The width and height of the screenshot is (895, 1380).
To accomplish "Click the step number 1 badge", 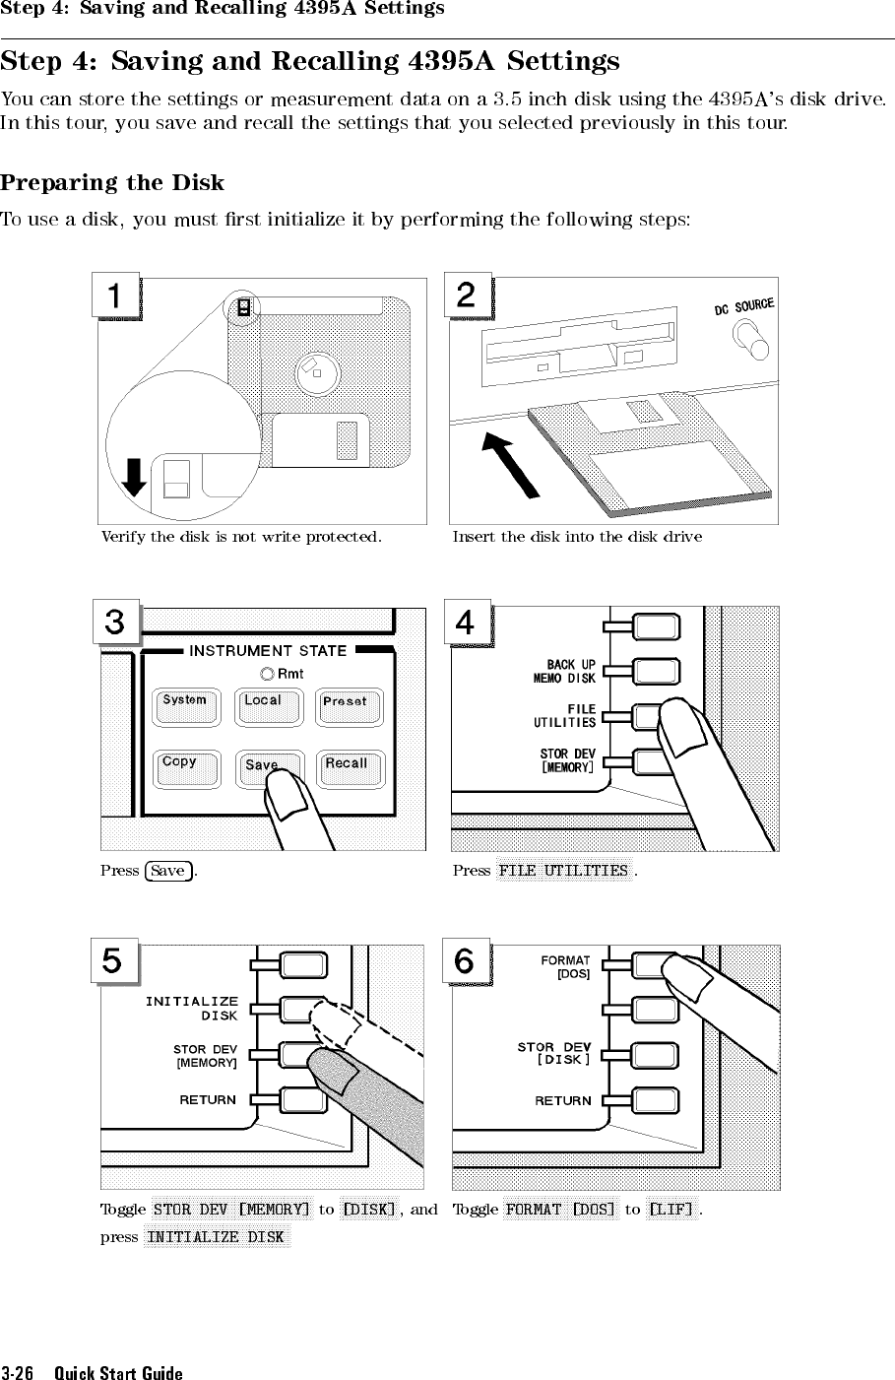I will (x=116, y=296).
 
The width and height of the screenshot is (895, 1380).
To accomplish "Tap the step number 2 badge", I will (x=467, y=296).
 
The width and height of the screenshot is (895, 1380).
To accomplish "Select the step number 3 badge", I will (x=116, y=624).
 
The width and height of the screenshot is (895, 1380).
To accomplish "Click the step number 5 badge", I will (x=114, y=961).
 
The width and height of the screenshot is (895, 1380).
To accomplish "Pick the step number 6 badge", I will (x=466, y=961).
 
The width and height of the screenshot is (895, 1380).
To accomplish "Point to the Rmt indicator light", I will (x=267, y=674).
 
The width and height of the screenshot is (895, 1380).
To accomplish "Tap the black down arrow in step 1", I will (x=135, y=479).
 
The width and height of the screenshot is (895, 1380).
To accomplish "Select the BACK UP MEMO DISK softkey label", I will (x=565, y=672).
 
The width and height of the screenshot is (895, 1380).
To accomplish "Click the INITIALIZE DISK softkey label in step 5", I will (x=194, y=1009).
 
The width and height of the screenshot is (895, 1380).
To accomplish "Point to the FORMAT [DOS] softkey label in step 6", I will (x=566, y=966).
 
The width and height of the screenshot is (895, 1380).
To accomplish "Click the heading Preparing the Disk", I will (x=112, y=183).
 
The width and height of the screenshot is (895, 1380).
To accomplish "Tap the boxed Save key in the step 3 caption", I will (x=168, y=871).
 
